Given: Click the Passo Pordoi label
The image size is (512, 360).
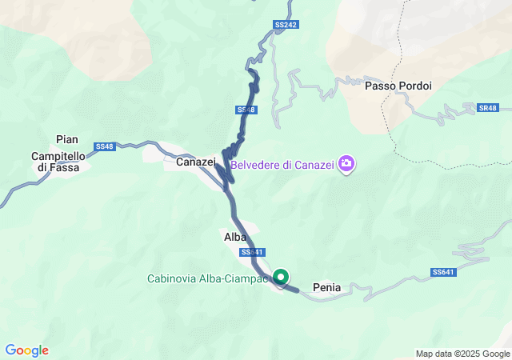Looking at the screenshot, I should click(398, 86).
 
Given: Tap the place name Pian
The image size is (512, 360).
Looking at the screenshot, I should click(67, 139).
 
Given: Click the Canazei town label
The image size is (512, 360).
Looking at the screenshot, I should click(195, 162).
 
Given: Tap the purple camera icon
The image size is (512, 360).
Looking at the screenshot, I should click(346, 165).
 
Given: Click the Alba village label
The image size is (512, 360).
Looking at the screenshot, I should click(234, 237).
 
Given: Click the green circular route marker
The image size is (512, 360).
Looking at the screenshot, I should click(282, 277).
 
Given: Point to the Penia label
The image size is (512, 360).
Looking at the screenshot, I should click(327, 288).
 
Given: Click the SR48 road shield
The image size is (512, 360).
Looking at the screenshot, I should click(487, 107).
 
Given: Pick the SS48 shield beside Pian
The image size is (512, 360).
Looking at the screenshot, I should click(105, 146).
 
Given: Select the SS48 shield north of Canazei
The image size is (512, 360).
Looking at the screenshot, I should click(246, 109).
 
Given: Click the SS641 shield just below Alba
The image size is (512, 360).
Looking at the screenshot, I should click(251, 252).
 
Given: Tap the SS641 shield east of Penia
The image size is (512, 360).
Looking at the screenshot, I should click(442, 272).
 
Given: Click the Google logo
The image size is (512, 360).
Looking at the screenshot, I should click(26, 350).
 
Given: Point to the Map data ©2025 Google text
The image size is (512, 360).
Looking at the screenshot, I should click(463, 354).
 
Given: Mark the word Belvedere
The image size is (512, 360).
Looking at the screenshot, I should click(258, 166).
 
